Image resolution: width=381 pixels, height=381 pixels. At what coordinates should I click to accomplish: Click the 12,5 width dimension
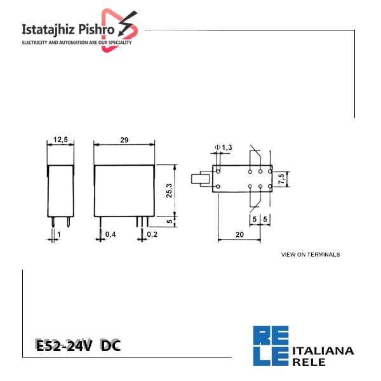coord(60,140)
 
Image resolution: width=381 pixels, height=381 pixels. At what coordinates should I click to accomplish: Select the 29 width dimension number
coord(124,140)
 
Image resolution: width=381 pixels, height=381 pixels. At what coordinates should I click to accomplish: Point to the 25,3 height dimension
coord(169,190)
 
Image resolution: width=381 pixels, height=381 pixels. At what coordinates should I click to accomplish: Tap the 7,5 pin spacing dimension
coord(281,179)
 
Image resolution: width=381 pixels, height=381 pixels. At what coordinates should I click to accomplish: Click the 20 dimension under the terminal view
coord(239,234)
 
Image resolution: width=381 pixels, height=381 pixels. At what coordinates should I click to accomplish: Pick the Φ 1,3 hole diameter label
coord(224,147)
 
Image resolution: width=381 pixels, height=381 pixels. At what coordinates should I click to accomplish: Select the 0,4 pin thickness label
coord(110,234)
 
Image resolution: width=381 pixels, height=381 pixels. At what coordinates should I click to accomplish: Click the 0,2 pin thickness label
coord(152,234)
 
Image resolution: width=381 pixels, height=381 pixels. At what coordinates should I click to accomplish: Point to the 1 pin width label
coord(59,234)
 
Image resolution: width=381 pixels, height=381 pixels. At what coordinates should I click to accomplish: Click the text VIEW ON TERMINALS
coord(311,255)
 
